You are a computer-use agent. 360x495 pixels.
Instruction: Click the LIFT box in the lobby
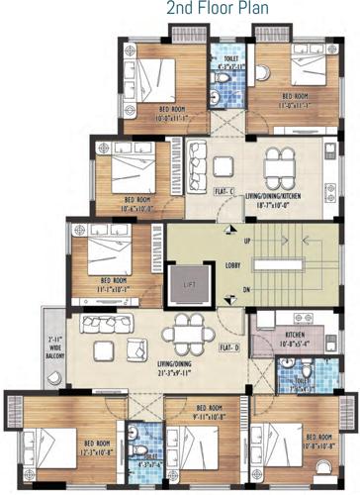187,285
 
